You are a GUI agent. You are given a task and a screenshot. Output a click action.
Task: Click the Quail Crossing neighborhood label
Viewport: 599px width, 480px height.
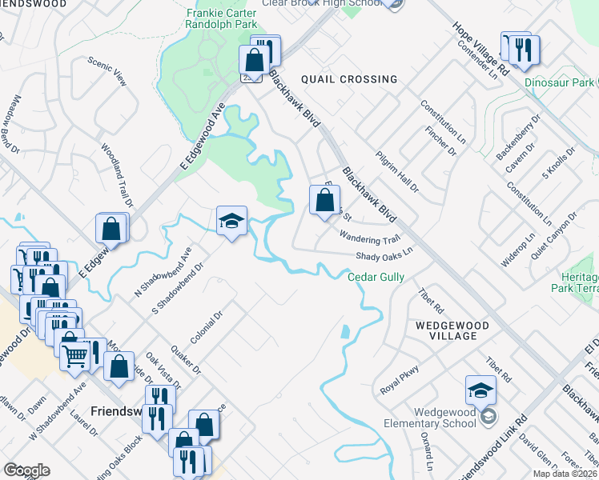[348, 79]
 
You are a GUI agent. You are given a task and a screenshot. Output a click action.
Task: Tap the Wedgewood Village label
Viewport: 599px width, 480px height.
[446, 330]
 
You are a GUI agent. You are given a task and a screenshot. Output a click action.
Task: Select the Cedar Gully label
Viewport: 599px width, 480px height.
[376, 277]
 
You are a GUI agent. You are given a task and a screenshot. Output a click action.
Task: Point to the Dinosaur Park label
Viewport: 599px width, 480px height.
[559, 82]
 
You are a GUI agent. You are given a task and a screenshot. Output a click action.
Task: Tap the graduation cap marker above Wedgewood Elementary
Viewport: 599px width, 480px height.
[480, 390]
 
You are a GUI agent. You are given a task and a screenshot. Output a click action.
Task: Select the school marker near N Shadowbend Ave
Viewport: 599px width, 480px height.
[231, 222]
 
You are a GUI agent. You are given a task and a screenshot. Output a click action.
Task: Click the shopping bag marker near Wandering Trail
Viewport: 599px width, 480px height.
[324, 202]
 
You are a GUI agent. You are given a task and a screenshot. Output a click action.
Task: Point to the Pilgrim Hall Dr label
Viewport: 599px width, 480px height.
[397, 170]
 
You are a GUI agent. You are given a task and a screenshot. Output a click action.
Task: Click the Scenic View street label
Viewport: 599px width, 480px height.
[108, 71]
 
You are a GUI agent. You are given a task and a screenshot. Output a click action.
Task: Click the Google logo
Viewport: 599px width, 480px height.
[26, 470]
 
